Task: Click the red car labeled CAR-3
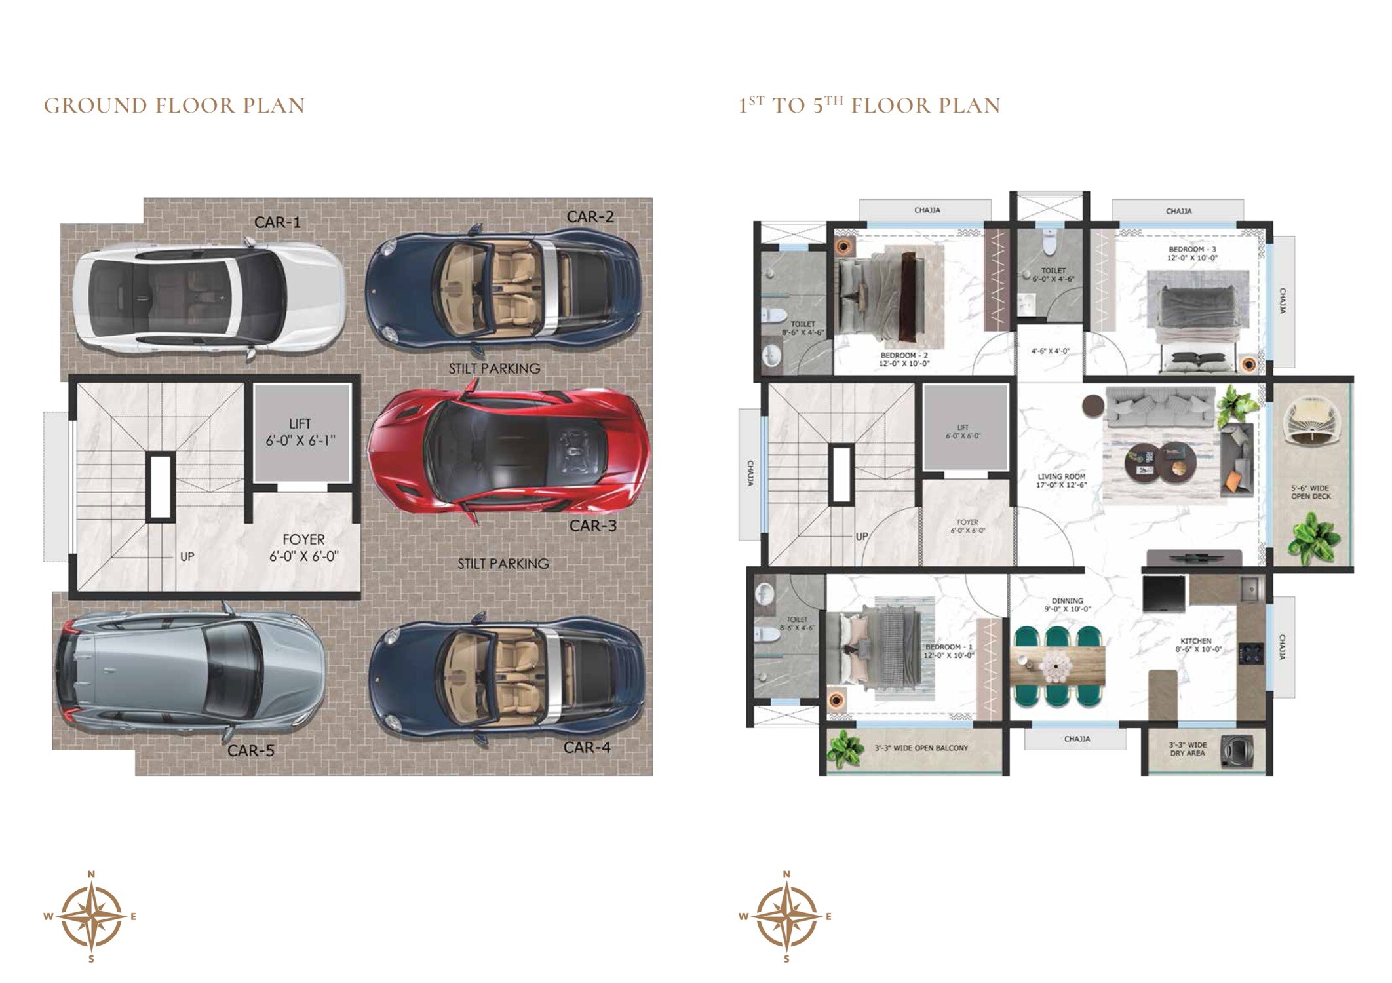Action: point(508,452)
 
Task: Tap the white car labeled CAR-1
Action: point(208,298)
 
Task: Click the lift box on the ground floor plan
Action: point(301,433)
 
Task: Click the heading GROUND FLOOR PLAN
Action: point(174,106)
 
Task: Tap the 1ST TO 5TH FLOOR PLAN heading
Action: point(870,106)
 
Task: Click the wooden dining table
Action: point(1056,666)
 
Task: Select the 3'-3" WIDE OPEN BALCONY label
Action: point(921,748)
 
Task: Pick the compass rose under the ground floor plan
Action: point(92,916)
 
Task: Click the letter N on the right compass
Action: point(786,874)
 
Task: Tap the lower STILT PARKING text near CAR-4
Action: point(503,564)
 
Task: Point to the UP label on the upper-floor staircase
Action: point(861,536)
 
